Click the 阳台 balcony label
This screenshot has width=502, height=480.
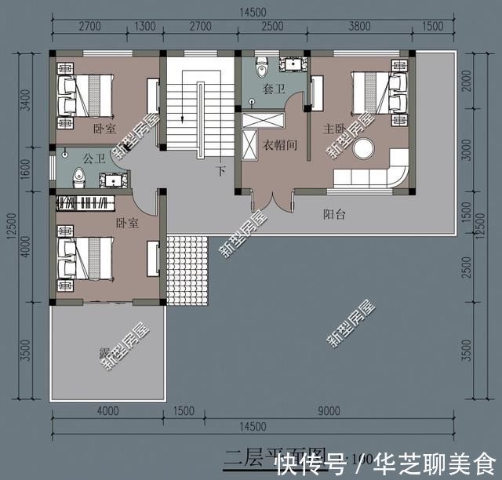click(x=336, y=213)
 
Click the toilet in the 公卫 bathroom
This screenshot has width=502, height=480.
click(x=78, y=177)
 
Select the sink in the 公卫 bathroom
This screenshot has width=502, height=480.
click(x=113, y=180)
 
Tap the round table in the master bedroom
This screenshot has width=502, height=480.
click(x=365, y=148)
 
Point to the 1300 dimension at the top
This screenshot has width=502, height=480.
click(x=145, y=26)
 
